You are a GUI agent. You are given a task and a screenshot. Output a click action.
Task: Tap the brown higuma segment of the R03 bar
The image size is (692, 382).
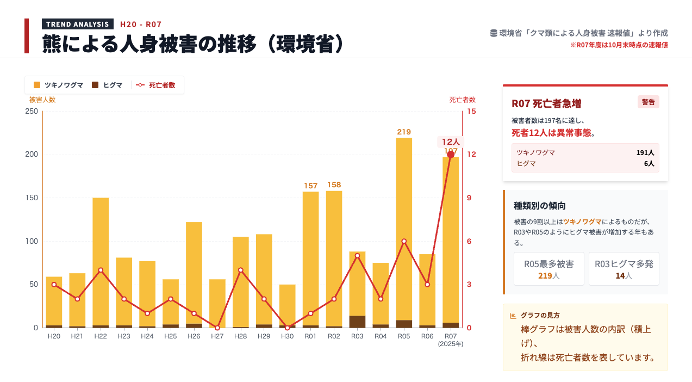tap(357, 321)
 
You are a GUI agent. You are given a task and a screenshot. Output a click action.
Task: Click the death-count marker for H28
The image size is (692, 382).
tap(241, 270)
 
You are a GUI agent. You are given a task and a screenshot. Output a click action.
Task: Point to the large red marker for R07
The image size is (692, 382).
tap(451, 155)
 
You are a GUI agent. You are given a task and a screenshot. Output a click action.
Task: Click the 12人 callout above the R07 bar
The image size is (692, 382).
tap(451, 142)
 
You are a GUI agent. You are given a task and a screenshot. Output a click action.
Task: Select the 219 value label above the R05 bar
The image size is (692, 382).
tap(404, 132)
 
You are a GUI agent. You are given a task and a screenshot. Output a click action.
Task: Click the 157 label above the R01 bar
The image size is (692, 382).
tap(310, 186)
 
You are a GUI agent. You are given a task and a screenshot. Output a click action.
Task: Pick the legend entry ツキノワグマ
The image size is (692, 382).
tap(59, 85)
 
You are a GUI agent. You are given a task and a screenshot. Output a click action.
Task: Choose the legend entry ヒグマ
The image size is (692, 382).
tap(108, 85)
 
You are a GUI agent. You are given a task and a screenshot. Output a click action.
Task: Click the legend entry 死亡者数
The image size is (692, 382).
tap(156, 85)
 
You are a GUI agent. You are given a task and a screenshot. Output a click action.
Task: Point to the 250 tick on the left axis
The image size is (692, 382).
tap(32, 112)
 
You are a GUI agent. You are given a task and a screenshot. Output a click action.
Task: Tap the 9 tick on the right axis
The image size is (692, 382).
tap(469, 198)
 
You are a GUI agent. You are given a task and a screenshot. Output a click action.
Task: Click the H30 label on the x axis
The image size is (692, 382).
tap(287, 336)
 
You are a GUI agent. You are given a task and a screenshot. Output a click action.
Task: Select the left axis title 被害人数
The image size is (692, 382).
tap(42, 100)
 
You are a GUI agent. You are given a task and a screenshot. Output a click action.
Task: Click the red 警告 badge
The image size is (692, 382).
tap(648, 102)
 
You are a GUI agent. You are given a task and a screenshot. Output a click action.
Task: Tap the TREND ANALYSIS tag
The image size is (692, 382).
tap(78, 24)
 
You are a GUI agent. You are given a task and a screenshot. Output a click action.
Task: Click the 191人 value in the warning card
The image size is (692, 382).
tap(645, 153)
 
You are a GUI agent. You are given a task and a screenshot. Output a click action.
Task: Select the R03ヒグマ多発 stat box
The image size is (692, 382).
tap(624, 269)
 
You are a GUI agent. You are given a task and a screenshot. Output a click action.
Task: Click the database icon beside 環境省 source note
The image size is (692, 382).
tap(494, 33)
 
